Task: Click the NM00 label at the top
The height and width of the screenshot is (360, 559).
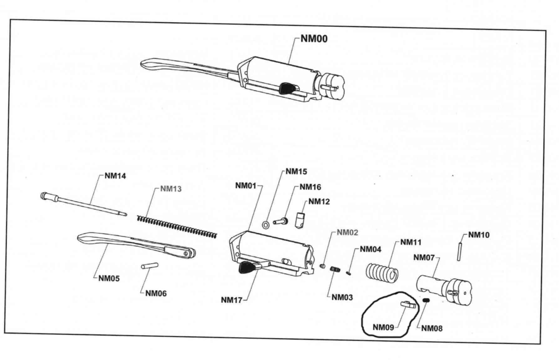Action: click(314, 39)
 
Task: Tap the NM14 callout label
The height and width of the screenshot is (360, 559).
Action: click(115, 176)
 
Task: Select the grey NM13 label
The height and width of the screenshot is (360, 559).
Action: click(171, 189)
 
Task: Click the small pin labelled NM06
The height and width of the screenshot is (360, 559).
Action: click(150, 266)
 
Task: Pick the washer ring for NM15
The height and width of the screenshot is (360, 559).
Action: click(266, 224)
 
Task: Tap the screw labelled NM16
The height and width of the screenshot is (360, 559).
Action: click(280, 221)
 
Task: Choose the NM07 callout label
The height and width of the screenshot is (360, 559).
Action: click(424, 258)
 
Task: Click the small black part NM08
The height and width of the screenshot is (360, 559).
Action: click(426, 301)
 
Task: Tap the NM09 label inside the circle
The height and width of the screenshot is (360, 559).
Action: click(383, 327)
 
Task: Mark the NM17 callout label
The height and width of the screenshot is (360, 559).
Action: click(232, 300)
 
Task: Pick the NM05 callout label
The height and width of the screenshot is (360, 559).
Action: click(109, 278)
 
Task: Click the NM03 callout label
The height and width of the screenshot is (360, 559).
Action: click(342, 297)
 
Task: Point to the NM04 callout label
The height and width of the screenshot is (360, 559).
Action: click(371, 249)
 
